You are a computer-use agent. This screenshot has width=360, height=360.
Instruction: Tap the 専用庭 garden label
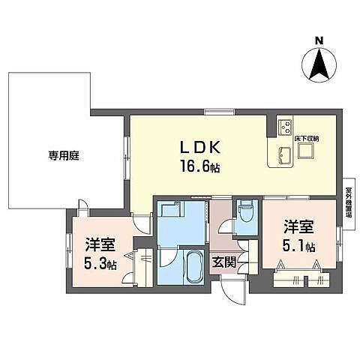tap(64, 156)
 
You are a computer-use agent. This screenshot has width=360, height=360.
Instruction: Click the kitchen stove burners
tap(284, 127)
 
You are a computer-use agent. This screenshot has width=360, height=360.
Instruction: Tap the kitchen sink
tap(283, 155)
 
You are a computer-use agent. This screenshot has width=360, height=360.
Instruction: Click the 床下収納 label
tap(306, 137)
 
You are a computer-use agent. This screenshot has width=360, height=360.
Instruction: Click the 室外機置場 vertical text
tap(349, 201)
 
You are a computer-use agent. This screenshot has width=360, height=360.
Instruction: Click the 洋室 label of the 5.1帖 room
tap(298, 226)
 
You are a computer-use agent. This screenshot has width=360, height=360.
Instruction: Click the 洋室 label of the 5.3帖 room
tap(99, 244)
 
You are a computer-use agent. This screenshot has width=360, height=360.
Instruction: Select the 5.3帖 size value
tap(99, 263)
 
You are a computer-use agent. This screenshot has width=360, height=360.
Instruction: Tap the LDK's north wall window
tap(215, 112)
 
